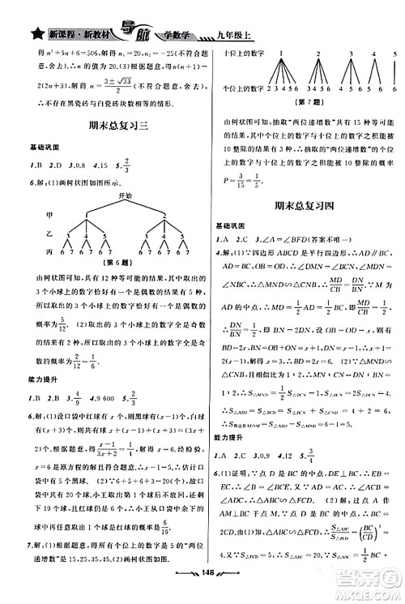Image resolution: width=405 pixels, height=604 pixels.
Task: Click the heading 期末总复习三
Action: click(x=103, y=126)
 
